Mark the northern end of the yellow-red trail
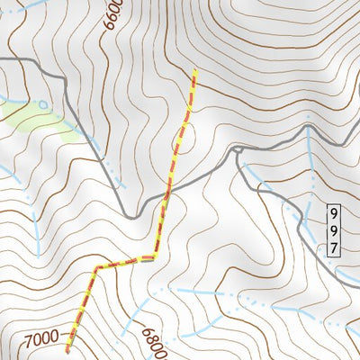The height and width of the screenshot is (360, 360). click(x=194, y=71)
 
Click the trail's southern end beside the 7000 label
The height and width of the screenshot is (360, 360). click(x=67, y=351)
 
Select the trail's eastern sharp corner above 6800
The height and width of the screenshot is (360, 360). click(x=154, y=257)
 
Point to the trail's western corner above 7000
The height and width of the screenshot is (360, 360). click(x=94, y=268)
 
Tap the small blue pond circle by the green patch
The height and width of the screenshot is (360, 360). click(x=42, y=104)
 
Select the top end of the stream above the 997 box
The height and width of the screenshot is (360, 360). click(x=309, y=129)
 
